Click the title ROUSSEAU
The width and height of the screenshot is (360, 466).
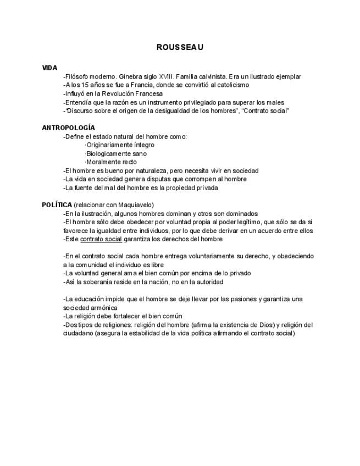point(180,48)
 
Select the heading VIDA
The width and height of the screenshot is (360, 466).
point(49,68)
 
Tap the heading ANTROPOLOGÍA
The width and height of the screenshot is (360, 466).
point(68,127)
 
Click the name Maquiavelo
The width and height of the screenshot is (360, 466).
point(134,205)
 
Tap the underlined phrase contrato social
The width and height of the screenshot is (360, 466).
point(101,239)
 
